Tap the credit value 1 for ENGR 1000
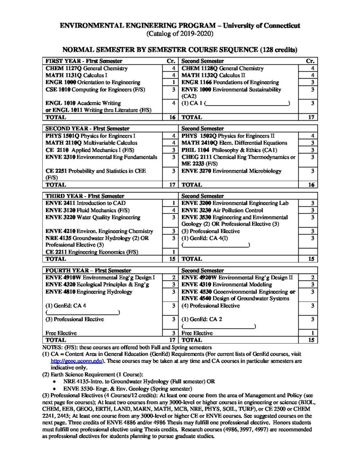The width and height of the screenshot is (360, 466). pos(174,82)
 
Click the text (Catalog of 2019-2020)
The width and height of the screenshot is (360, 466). pos(180,34)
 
